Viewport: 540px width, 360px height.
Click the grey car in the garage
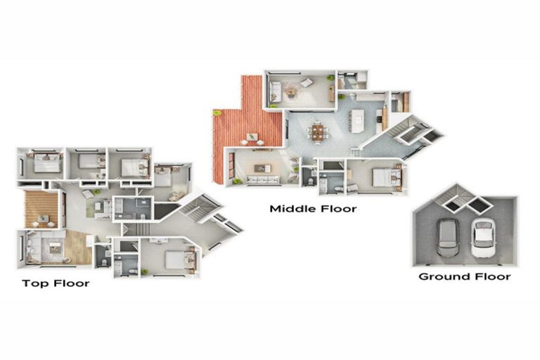tap(447, 237)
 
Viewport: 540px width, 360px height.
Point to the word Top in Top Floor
tap(34, 283)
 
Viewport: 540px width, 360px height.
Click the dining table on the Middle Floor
tap(318, 131)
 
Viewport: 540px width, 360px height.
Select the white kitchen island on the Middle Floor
tap(358, 120)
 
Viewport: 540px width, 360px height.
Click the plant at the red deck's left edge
tap(217, 112)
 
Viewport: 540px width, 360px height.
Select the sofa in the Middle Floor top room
tap(274, 91)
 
